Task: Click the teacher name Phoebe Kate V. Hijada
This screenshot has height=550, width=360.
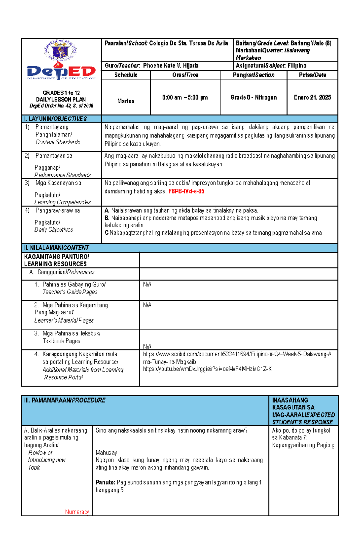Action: pos(171,66)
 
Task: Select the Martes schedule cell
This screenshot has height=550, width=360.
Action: pos(126,101)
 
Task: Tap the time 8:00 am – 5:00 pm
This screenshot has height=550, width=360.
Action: pos(185,97)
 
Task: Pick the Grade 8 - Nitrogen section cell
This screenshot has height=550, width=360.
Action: pos(253,97)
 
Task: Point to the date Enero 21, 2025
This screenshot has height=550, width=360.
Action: pos(312,97)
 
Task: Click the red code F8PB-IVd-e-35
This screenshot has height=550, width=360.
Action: pos(186,191)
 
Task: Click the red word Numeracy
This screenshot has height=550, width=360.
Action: pos(77,512)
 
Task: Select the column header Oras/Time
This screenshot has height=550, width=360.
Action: pos(185,75)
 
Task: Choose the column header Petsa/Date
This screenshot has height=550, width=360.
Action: pos(312,75)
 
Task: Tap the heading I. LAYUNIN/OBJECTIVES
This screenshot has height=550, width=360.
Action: pos(55,119)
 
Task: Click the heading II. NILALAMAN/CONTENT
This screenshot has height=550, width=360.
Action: pos(56,248)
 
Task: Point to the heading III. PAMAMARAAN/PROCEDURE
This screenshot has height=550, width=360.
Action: pos(65,400)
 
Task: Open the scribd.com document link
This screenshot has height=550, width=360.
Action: pos(237,354)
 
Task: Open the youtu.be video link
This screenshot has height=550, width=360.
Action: pos(207,369)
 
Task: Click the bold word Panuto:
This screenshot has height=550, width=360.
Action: pos(105,482)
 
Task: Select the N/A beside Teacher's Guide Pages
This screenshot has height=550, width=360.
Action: pos(147,284)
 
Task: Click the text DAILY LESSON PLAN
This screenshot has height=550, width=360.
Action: pos(61,100)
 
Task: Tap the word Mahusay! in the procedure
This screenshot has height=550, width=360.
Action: pos(107,453)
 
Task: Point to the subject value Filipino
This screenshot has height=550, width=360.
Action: pos(297,66)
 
